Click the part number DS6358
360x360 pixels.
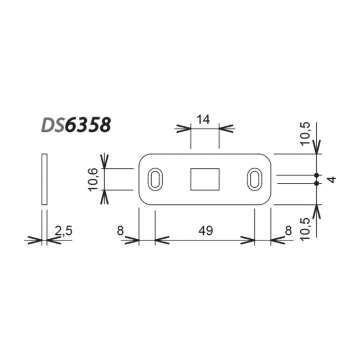(76, 125)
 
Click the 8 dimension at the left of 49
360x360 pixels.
(120, 230)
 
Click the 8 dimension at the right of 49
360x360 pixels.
(289, 230)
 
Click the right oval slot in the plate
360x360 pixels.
(255, 179)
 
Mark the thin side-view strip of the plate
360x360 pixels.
(44, 179)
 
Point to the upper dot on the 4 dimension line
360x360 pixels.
(317, 175)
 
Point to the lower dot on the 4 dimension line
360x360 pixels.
(317, 183)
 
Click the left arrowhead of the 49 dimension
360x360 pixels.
(160, 240)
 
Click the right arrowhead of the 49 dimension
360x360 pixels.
(249, 240)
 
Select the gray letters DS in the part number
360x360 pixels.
(52, 125)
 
